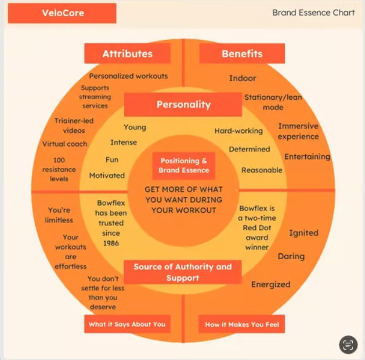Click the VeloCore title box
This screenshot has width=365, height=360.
(x=62, y=13)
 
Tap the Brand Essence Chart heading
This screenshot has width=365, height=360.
(x=313, y=13)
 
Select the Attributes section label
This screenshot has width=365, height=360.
(x=127, y=54)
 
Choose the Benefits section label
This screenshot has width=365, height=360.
(x=242, y=54)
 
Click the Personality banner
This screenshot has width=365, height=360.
(x=183, y=105)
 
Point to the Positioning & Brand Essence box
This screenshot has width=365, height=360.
(x=183, y=166)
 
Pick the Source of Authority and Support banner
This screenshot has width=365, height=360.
(x=183, y=272)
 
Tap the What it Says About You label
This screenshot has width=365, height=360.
(x=127, y=324)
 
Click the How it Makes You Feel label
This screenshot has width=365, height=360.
(x=241, y=324)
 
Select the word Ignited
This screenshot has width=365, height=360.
(x=303, y=233)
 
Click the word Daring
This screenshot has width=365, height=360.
(x=291, y=256)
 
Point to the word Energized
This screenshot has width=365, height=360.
(x=270, y=285)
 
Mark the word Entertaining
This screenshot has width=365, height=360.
(x=307, y=157)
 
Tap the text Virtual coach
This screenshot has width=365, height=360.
(x=64, y=144)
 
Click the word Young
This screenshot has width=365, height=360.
(x=135, y=127)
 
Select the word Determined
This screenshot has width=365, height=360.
(x=250, y=149)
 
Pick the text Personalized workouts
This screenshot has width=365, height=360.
(x=128, y=76)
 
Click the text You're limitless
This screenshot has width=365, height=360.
(x=60, y=215)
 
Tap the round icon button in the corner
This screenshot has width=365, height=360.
(x=348, y=344)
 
